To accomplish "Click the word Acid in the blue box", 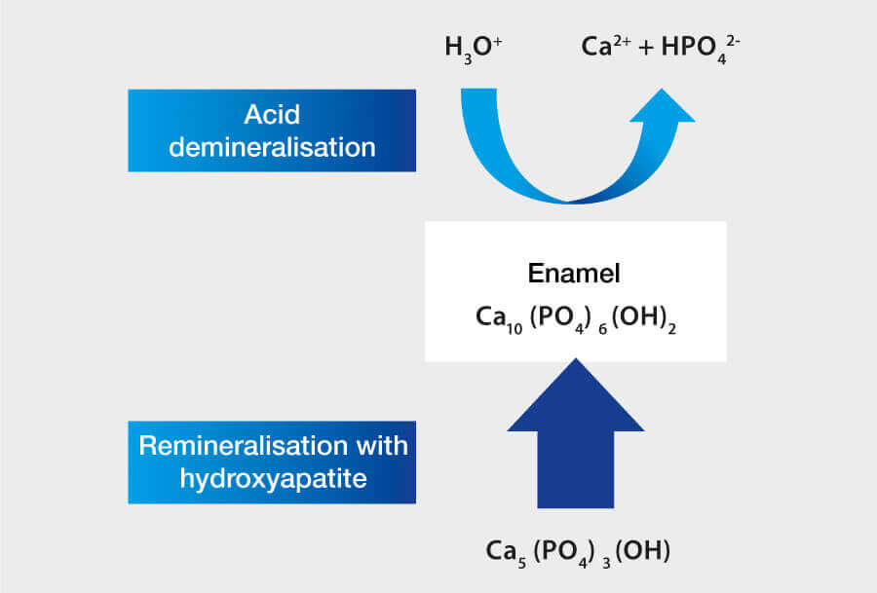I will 272,116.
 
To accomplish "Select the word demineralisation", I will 272,147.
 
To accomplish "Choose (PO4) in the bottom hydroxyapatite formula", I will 571,551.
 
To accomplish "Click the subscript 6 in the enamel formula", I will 602,322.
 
